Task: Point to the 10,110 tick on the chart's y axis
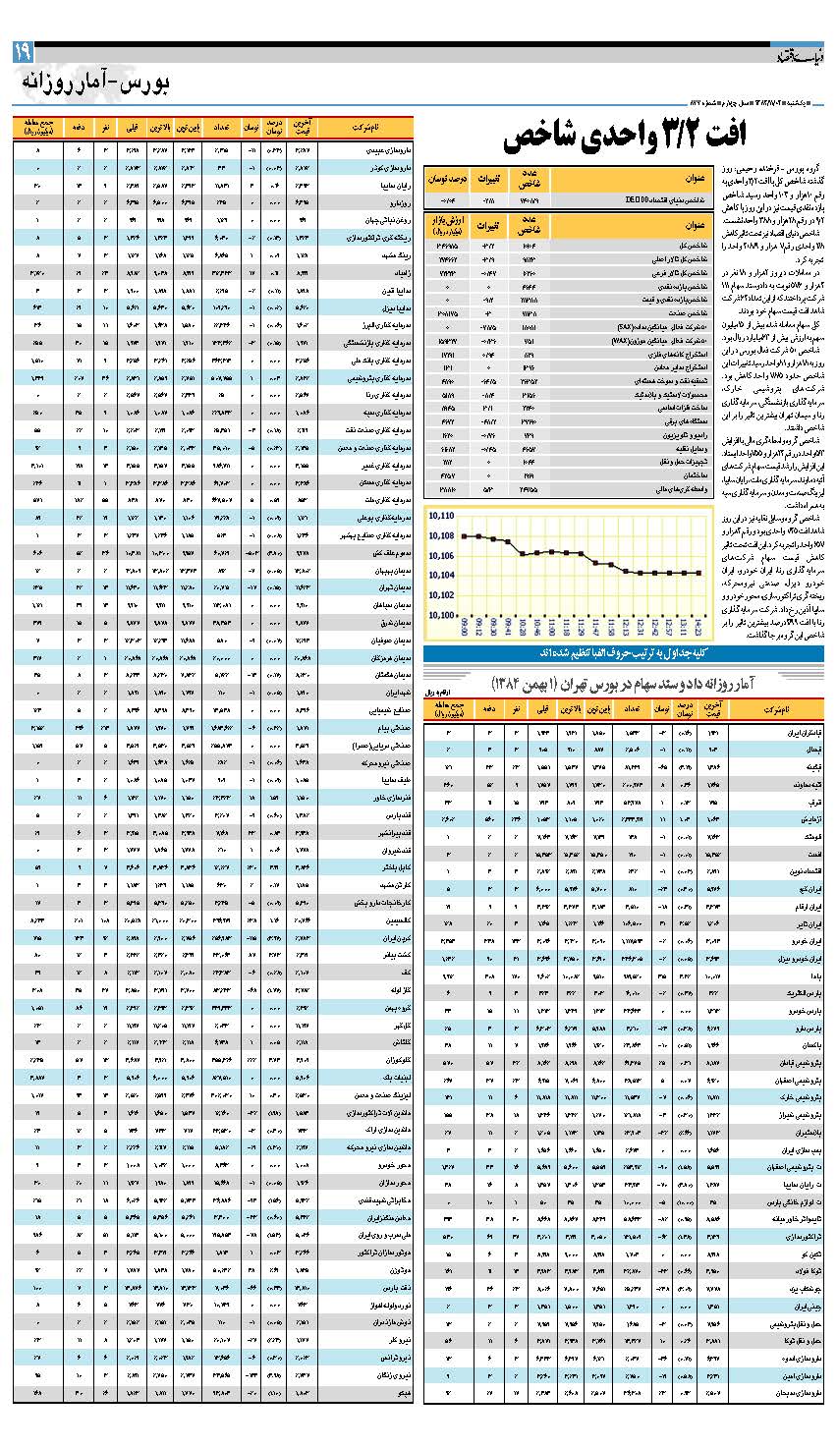440,515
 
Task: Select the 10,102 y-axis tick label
440,594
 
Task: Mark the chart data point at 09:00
465,535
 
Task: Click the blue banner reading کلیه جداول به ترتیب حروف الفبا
623,654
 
